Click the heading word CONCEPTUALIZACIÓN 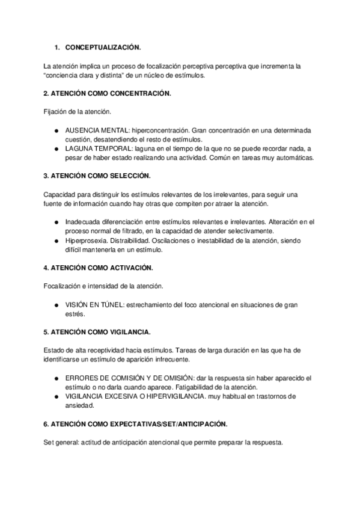tap(106, 47)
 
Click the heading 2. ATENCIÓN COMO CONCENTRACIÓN tap(108, 93)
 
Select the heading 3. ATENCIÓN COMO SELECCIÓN tap(97, 176)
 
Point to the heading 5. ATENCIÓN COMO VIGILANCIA tap(97, 332)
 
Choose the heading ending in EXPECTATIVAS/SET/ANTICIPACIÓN tap(136, 424)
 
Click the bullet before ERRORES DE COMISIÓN tap(56, 378)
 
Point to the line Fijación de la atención tap(77, 112)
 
